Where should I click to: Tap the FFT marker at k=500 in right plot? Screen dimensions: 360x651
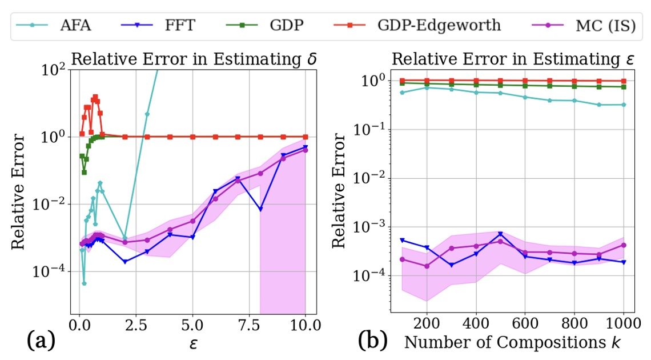coord(500,234)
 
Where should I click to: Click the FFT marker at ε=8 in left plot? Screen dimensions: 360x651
coord(260,210)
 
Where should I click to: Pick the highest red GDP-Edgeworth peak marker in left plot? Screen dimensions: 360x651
coord(95,97)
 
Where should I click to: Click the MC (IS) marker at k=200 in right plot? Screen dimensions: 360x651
coord(426,266)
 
